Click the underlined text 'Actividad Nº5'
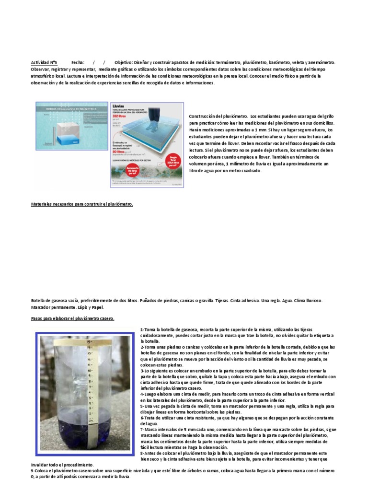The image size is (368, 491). point(44,62)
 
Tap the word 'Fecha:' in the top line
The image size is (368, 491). point(78,62)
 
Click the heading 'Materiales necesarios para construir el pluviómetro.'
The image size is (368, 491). point(81,204)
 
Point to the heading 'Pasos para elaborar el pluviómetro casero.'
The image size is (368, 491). point(72,318)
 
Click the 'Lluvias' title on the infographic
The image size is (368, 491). point(118,105)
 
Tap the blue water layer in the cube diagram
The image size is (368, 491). point(68,140)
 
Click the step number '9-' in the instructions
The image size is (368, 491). point(32,471)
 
